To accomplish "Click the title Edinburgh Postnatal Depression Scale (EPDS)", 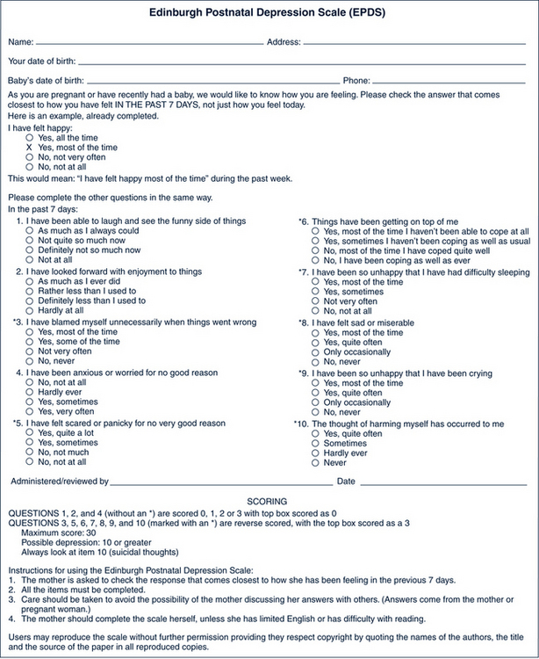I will point(269,13).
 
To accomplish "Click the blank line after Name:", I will point(149,42).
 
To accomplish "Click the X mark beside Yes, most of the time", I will point(29,148).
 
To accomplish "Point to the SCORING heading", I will point(268,499).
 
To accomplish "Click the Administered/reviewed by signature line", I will point(219,482).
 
